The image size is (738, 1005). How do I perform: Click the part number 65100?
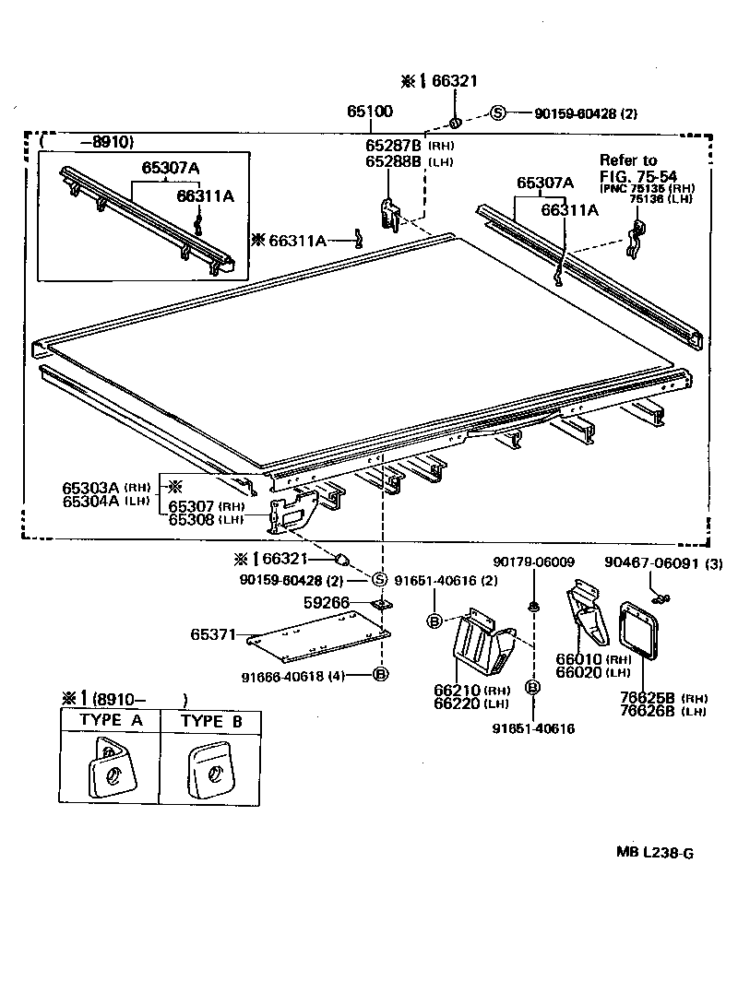click(370, 112)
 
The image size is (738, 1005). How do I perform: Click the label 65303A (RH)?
click(105, 487)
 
